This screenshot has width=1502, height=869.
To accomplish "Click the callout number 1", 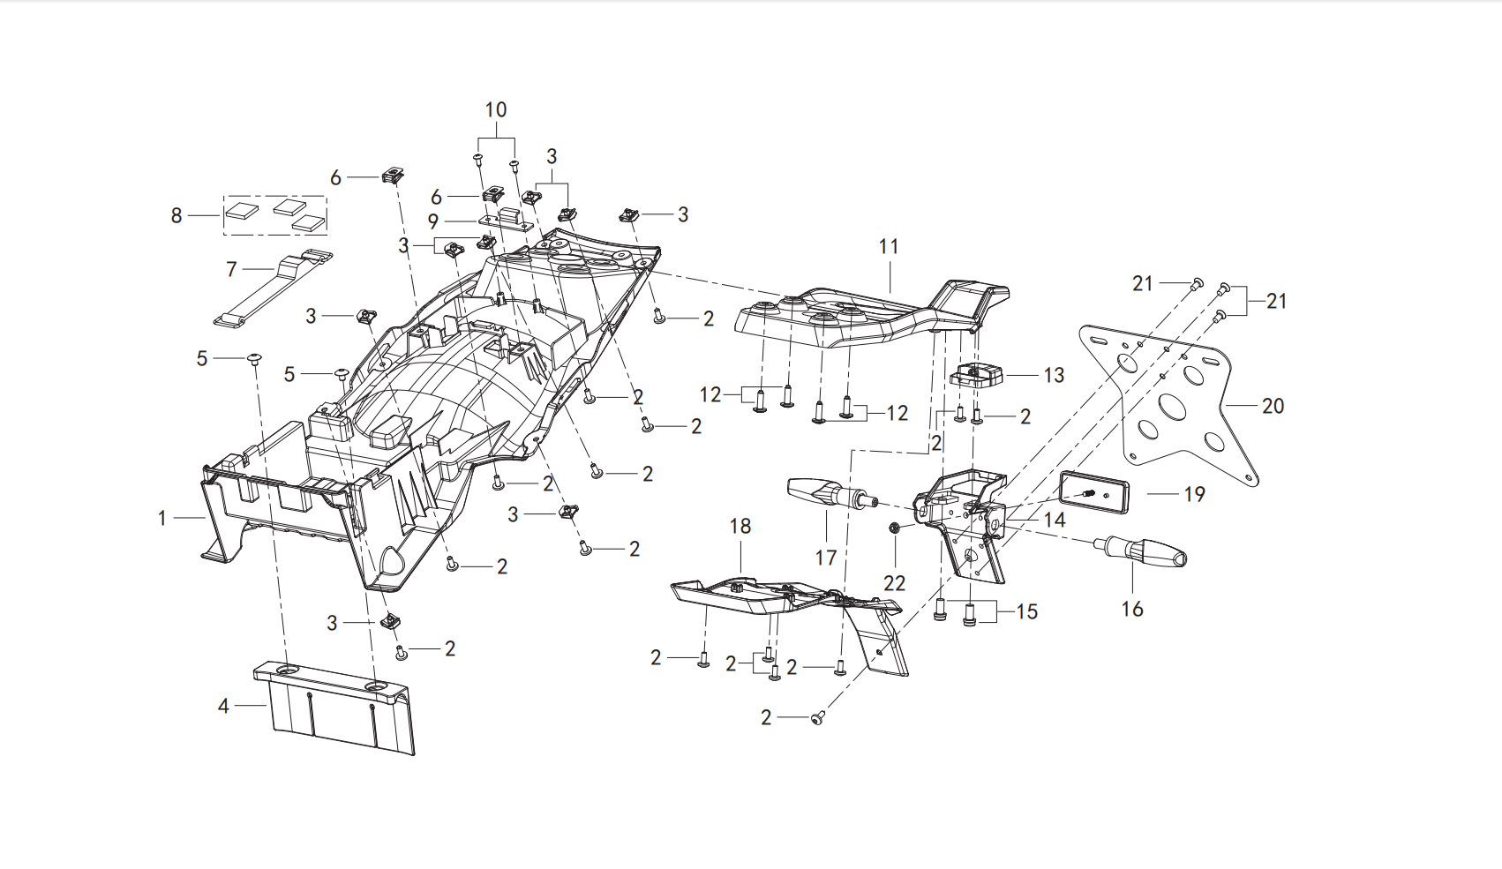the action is pyautogui.click(x=161, y=519).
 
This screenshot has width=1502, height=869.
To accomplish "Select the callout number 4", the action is pyautogui.click(x=223, y=706).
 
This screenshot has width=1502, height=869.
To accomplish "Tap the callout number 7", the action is pyautogui.click(x=231, y=270).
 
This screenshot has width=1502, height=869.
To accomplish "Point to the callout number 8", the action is pyautogui.click(x=176, y=216).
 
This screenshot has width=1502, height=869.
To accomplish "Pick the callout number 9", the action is pyautogui.click(x=433, y=222).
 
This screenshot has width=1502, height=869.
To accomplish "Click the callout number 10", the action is pyautogui.click(x=496, y=110).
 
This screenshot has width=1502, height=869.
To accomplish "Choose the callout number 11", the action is pyautogui.click(x=889, y=247).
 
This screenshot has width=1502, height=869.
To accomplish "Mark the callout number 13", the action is pyautogui.click(x=1054, y=376).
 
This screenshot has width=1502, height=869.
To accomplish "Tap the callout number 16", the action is pyautogui.click(x=1132, y=609).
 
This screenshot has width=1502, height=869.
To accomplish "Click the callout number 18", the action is pyautogui.click(x=740, y=527).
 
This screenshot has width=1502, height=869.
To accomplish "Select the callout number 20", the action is pyautogui.click(x=1273, y=406).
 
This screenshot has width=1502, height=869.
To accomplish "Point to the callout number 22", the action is pyautogui.click(x=895, y=583).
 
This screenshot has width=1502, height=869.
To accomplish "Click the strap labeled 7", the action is pyautogui.click(x=274, y=288).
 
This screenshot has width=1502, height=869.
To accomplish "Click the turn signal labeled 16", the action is pyautogui.click(x=1140, y=551).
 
